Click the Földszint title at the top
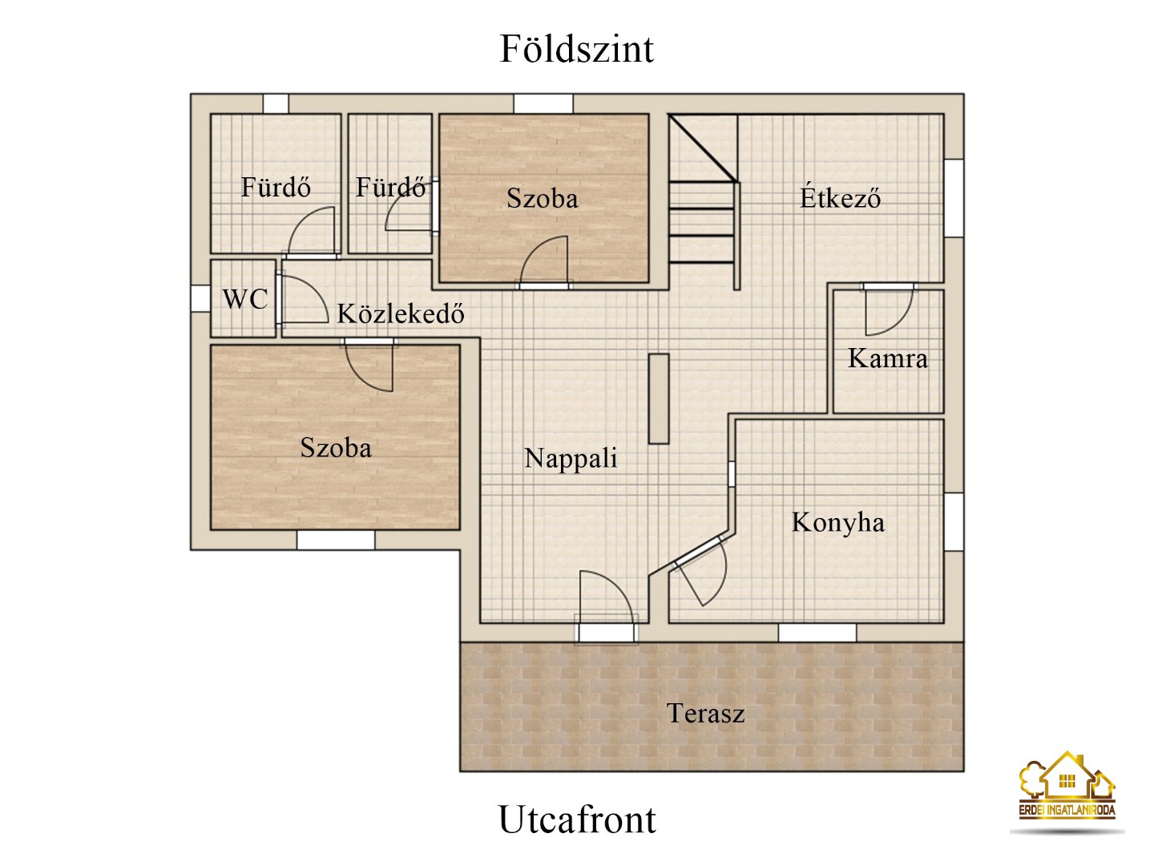576,49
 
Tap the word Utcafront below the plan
577,819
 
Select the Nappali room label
571,458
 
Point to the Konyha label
837,522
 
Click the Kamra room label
887,358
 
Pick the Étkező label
840,197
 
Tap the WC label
244,299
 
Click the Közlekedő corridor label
400,313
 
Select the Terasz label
705,713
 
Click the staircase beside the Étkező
703,200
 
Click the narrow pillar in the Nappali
658,399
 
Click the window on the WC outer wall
199,298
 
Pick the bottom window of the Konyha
817,633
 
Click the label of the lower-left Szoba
335,447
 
